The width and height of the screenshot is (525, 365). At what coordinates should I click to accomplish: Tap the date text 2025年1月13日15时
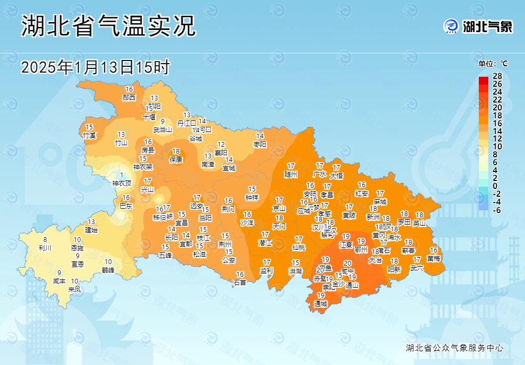[95, 67]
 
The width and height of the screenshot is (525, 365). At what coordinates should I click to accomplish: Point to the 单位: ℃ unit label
[493, 64]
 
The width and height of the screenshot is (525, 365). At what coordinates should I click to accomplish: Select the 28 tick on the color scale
[497, 76]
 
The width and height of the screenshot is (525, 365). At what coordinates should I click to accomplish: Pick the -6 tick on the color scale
[497, 210]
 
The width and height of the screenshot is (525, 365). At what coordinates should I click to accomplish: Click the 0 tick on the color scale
[495, 186]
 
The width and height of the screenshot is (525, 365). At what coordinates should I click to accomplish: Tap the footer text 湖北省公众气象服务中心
[455, 348]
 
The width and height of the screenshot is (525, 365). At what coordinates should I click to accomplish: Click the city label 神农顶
[122, 184]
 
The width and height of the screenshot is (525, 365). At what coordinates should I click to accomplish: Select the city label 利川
[45, 247]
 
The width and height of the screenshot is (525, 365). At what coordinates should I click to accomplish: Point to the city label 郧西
[129, 97]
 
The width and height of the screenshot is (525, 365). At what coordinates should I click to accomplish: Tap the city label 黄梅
[434, 258]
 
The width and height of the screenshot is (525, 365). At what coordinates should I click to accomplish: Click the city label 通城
[320, 303]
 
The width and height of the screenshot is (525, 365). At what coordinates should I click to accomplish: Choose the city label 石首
[240, 282]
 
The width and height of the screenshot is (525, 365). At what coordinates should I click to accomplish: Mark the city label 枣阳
[260, 144]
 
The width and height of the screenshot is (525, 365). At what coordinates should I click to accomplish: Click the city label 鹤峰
[108, 270]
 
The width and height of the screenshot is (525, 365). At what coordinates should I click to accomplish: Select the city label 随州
[291, 174]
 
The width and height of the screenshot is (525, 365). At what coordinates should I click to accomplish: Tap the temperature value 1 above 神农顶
[122, 175]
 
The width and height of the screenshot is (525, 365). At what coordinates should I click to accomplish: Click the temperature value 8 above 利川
[45, 239]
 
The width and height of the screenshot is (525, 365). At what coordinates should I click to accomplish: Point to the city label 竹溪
[90, 135]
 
